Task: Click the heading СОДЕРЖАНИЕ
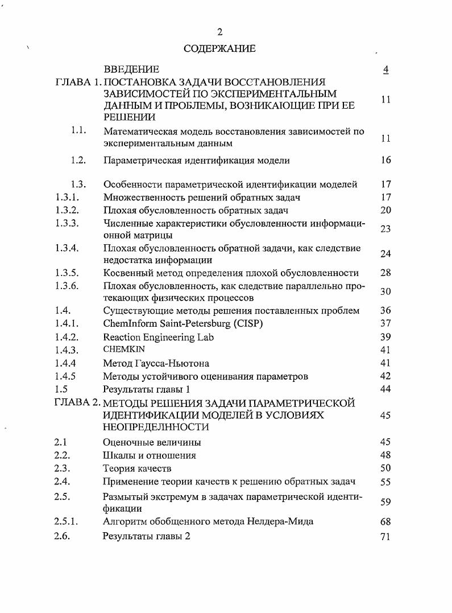click(219, 49)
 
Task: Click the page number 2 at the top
click(220, 32)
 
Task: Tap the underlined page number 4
click(385, 69)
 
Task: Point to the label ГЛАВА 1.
click(77, 82)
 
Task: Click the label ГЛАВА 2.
click(77, 404)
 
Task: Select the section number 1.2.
click(78, 160)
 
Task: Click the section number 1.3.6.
click(67, 286)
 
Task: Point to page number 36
click(385, 311)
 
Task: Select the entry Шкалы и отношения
click(150, 455)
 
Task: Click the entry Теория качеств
click(137, 468)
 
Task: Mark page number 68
click(385, 521)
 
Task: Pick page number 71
click(385, 536)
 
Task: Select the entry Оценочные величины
click(152, 442)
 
